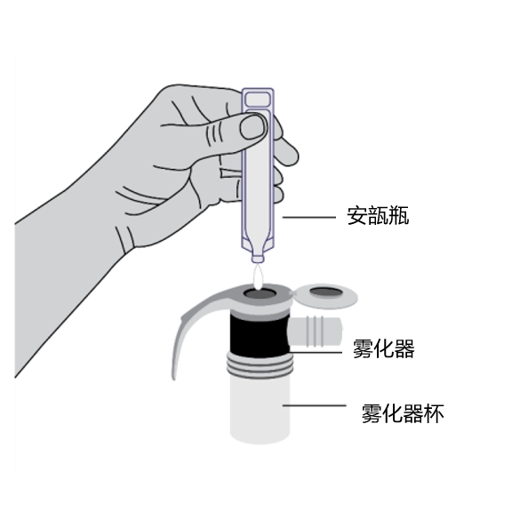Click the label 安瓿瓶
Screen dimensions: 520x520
tap(378, 216)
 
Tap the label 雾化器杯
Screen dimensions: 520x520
tap(403, 413)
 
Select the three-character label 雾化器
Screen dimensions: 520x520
tap(384, 348)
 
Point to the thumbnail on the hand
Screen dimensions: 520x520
tap(253, 126)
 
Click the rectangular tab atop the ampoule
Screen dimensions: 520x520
tap(258, 99)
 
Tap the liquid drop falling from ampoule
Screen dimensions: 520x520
tap(258, 276)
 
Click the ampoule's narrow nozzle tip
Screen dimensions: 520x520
tap(258, 259)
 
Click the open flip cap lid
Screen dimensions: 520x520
tap(325, 295)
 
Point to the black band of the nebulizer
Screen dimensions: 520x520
tap(260, 335)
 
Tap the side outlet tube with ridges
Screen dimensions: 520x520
tap(315, 332)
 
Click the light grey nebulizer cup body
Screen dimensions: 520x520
tap(260, 410)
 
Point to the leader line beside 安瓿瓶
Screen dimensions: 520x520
tap(308, 217)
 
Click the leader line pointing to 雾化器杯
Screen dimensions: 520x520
tap(314, 405)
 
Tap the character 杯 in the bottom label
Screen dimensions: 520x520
tap(434, 413)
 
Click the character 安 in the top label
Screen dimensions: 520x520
tap(357, 216)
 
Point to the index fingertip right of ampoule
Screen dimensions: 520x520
tap(289, 154)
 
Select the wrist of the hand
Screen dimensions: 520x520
tap(67, 265)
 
